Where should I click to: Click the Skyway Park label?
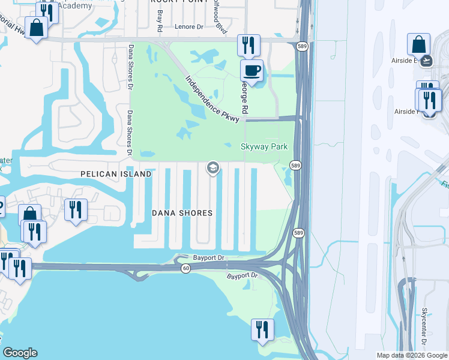point(264,146)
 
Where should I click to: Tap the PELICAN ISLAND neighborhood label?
point(116,174)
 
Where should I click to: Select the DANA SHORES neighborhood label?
point(182,213)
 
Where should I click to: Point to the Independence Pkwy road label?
point(212,99)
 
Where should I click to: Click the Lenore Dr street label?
point(190,26)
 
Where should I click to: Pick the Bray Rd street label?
point(160,20)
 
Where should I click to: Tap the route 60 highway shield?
point(186,268)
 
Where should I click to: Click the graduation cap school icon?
point(212,168)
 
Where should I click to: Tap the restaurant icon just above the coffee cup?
point(248,45)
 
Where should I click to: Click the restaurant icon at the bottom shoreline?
point(262,329)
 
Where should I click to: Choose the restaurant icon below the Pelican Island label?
point(76,209)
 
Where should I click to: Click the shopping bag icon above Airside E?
point(418,44)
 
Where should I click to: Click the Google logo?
point(20,353)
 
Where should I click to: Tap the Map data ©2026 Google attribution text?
point(412,355)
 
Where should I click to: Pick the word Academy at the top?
point(77,5)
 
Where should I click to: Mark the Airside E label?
point(406,60)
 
